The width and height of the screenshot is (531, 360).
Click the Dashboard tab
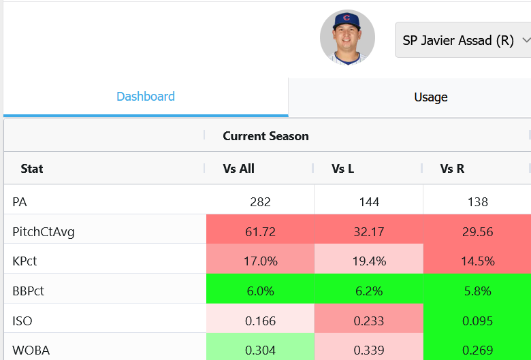146,97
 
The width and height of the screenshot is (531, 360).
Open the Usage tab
431,97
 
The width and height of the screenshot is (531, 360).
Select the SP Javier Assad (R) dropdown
463,40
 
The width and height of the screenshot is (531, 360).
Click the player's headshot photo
347,37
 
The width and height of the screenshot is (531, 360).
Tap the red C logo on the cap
347,18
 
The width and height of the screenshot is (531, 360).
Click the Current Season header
265,136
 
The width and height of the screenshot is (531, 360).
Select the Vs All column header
238,169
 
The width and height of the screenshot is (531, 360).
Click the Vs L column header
342,169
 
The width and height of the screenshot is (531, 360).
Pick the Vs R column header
452,169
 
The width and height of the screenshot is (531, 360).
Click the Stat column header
32,169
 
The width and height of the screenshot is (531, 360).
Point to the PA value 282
261,202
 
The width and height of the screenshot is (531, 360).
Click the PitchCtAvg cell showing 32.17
369,232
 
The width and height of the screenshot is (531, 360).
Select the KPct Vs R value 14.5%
477,261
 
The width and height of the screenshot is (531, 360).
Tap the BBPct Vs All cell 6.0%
261,291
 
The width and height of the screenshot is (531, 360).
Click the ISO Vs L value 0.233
369,321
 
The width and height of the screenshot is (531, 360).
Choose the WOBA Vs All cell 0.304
261,350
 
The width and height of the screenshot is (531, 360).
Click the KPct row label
25,261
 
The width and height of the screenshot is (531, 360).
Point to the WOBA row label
31,350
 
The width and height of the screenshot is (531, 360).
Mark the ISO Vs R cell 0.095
477,321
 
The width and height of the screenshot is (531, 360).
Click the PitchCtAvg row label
44,232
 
